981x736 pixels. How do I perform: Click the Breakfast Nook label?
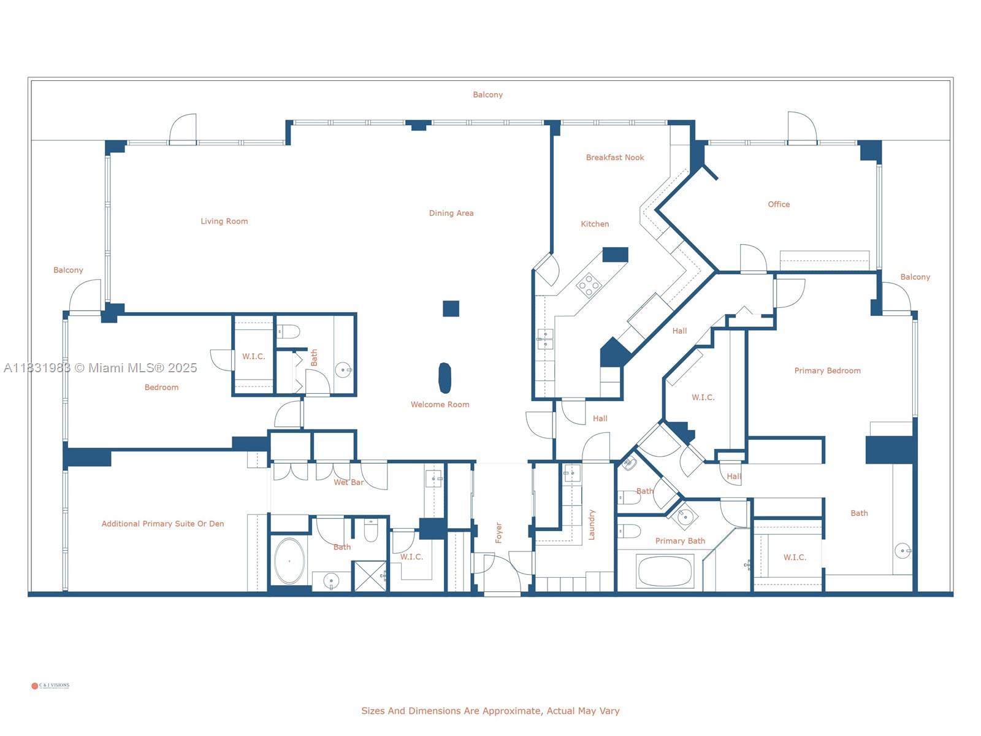tap(615, 158)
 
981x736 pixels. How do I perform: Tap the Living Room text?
tap(224, 221)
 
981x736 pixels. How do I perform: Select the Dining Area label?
tap(451, 213)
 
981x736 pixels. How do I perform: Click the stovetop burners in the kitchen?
tap(589, 285)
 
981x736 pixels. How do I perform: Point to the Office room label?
tap(779, 204)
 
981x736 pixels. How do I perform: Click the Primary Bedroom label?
tap(827, 370)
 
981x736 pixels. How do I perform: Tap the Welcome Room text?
tap(440, 405)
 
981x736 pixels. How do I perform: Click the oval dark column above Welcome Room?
tap(445, 378)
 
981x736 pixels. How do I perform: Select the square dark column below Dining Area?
tap(451, 309)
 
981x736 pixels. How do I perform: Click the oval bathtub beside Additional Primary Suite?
tap(289, 561)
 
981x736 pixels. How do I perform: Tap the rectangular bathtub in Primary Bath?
tap(665, 571)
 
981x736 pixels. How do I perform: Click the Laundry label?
tap(592, 524)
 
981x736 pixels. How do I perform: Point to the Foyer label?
tap(498, 532)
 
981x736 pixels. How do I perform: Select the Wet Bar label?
tap(349, 483)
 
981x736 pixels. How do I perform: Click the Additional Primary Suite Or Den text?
tap(162, 524)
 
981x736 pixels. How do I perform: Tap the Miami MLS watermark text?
tap(100, 368)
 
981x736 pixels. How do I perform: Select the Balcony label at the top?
tap(487, 94)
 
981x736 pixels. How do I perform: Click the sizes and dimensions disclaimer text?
tap(490, 711)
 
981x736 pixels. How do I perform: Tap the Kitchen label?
tap(595, 224)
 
